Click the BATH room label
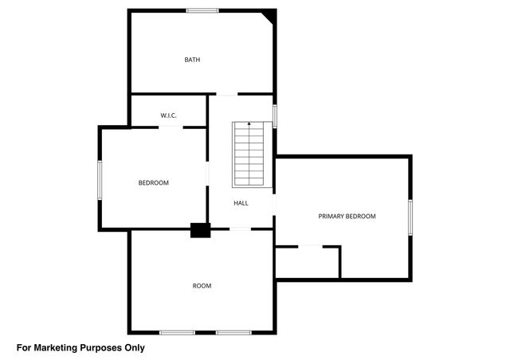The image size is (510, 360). coord(192,60)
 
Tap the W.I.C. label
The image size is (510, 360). coord(168,115)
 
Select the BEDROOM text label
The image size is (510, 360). coord(154,183)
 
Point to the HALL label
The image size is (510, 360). coord(241,203)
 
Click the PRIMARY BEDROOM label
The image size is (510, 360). coord(347,216)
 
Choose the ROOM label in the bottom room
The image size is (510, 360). coord(202,285)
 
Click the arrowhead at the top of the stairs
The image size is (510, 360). coord(249,124)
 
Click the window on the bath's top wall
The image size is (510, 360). coord(202,10)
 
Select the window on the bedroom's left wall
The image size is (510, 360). coord(100,180)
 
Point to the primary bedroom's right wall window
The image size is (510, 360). coord(410,217)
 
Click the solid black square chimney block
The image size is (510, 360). coord(199,230)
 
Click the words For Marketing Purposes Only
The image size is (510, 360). coord(80,347)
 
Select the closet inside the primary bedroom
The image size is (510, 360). coord(308,262)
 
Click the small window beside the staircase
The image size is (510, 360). coord(274,115)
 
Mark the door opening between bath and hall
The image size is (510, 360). coord(227,95)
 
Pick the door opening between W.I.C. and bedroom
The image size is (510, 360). coord(169,127)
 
